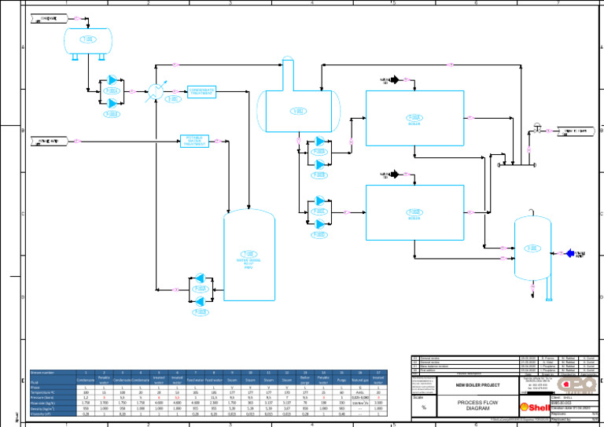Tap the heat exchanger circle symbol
pos(156,92)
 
